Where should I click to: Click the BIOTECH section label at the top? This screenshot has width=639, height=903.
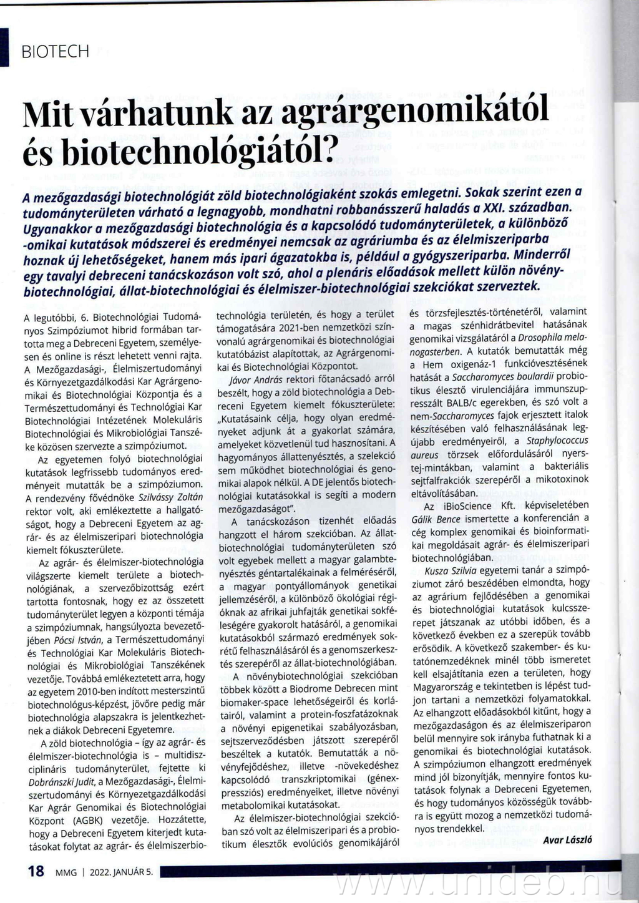(56, 52)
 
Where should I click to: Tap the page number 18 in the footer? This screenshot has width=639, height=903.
(36, 871)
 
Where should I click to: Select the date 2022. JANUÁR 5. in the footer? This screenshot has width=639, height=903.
(121, 872)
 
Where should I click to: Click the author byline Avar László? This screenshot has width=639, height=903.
(567, 840)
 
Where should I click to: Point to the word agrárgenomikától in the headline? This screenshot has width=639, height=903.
(414, 112)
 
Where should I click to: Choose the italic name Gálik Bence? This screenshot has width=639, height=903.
(436, 519)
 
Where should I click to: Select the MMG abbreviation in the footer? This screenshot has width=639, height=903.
(66, 872)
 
